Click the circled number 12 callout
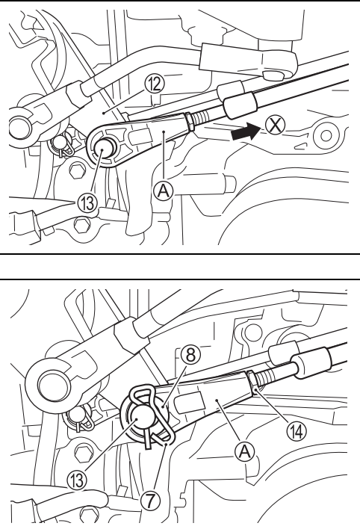154,84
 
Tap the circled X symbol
275,126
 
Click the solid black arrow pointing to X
245,132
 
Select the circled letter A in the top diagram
164,191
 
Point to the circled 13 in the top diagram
87,203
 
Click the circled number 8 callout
190,355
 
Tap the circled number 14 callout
297,431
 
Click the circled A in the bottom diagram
244,451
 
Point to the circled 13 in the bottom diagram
77,480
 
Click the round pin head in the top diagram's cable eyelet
103,149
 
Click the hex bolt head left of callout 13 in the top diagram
77,170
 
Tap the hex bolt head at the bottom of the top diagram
81,226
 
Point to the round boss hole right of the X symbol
326,136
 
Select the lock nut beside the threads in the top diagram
190,122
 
